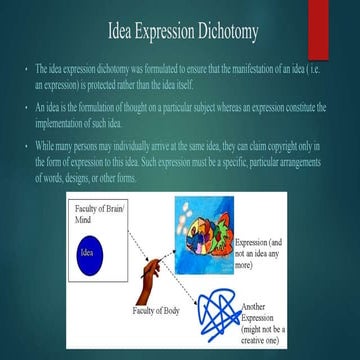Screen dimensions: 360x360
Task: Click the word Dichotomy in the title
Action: point(222,37)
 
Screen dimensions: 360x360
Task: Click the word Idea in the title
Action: point(123,37)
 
